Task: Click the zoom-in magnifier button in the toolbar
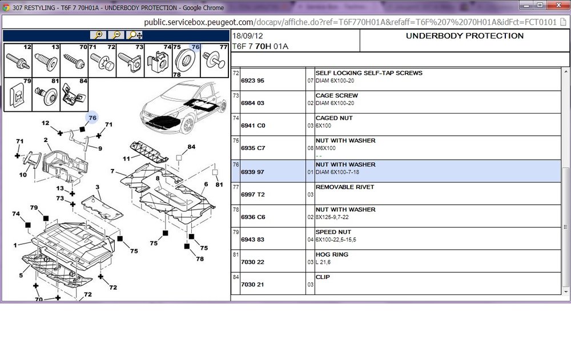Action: (98, 35)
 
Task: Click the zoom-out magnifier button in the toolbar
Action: (116, 35)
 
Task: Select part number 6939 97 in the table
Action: (252, 172)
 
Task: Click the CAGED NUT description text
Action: (334, 118)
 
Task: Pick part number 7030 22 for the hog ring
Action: (252, 262)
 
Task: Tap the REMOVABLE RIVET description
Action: (345, 187)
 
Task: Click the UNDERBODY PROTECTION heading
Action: (465, 36)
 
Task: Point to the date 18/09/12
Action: (248, 36)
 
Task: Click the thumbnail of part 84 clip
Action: (74, 95)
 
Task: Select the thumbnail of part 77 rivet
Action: (215, 60)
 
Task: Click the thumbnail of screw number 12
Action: (18, 60)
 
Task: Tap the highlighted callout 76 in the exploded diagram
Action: (93, 118)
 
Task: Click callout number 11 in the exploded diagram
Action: (126, 159)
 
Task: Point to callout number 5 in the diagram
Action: (21, 275)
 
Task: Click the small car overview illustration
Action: (181, 108)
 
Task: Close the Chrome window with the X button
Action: (559, 5)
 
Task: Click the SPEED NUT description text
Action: (333, 232)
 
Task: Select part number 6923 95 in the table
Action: (252, 80)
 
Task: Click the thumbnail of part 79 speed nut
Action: (18, 95)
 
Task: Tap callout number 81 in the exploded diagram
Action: (219, 184)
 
